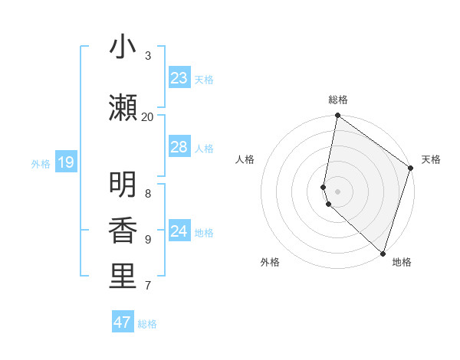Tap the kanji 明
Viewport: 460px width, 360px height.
point(123,185)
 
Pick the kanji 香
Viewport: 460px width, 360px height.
point(123,231)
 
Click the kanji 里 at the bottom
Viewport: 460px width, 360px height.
point(123,277)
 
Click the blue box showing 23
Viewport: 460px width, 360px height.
point(179,78)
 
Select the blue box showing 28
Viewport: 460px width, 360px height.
point(179,147)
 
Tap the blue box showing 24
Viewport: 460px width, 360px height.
point(179,231)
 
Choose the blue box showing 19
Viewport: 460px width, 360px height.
point(65,162)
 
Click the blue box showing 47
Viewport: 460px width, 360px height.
point(123,322)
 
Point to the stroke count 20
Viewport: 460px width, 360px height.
point(147,116)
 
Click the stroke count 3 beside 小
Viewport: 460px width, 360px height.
point(148,55)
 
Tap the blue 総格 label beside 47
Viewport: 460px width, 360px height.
point(147,324)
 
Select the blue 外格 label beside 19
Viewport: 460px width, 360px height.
point(41,163)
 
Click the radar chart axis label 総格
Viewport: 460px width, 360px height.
point(338,100)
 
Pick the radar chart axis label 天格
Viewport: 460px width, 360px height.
point(431,159)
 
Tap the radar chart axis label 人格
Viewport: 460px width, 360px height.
point(245,159)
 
